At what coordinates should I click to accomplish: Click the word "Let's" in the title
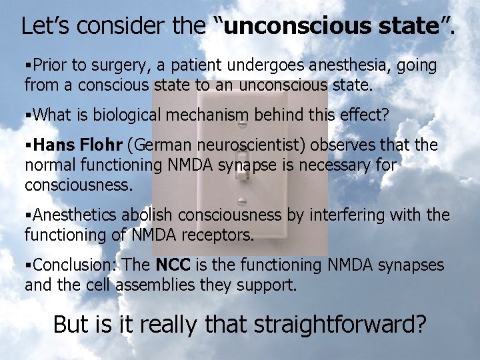[x=44, y=26]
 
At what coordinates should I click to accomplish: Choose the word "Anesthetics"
[x=74, y=215]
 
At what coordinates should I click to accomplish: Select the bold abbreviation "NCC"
[x=173, y=265]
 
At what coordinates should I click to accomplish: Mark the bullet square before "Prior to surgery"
[x=28, y=66]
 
